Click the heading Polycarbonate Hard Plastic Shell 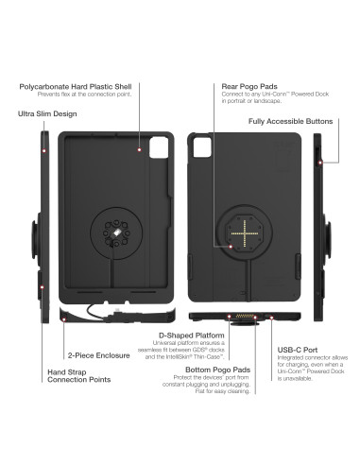(81, 86)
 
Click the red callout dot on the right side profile (321, 163)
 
